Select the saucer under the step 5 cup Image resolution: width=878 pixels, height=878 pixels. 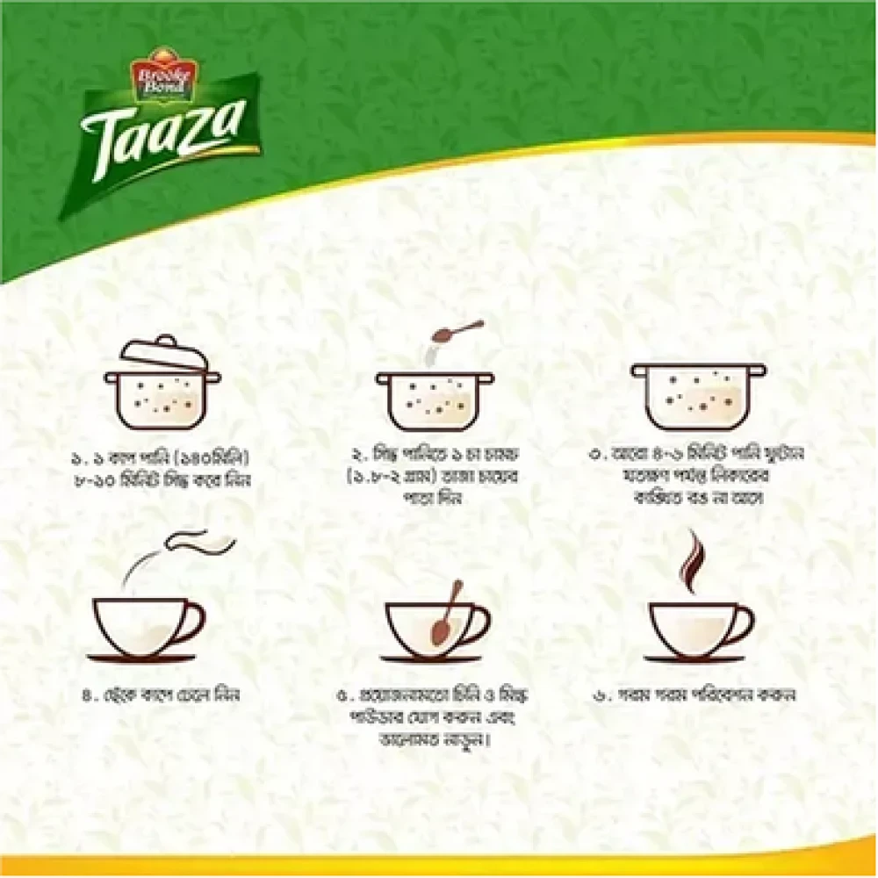pos(430,658)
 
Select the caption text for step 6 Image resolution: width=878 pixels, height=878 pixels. pos(694,694)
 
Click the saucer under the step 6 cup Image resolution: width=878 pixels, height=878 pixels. pos(694,658)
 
